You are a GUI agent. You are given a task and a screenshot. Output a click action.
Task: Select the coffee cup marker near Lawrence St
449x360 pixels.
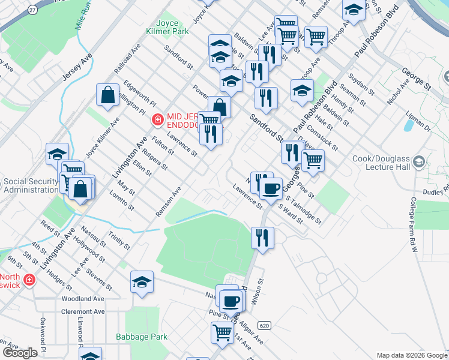[271, 188]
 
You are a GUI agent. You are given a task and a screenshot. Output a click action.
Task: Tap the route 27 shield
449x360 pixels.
[32, 10]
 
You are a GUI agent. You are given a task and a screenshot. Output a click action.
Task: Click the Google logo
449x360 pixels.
[20, 353]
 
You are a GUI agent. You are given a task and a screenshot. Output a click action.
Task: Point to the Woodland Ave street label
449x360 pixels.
[82, 298]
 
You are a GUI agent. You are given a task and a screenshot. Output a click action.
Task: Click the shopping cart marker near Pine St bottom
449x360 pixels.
[223, 332]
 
